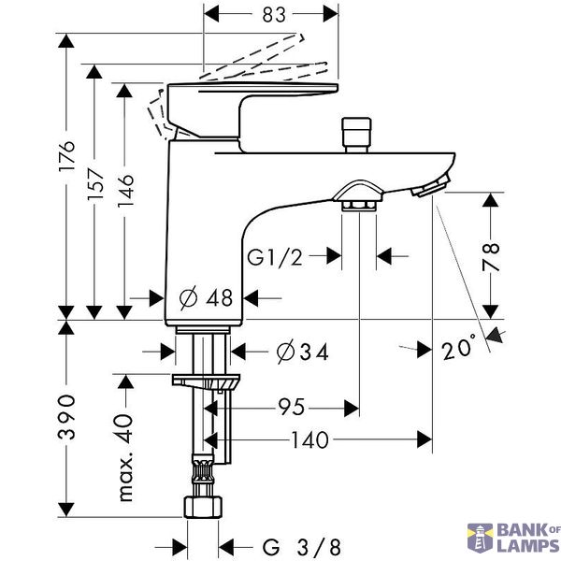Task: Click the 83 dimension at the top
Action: coord(274,15)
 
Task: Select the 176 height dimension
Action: coord(67,156)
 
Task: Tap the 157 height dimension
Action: coord(95,184)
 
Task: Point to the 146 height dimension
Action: coord(125,191)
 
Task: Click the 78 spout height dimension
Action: coord(491,257)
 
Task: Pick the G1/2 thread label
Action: coord(275,257)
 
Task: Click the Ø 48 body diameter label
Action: coord(206,297)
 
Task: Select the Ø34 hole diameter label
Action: coord(302,352)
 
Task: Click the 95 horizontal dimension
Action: coord(292,407)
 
